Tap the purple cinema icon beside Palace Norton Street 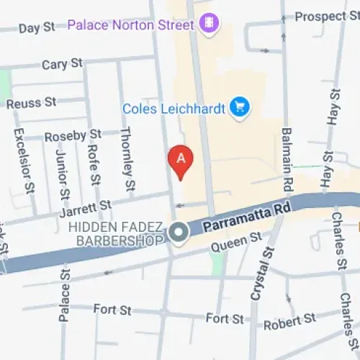pos(209,24)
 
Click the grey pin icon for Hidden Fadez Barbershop pos(179,233)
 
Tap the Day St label pos(37,28)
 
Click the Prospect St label pos(325,16)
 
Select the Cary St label pos(62,64)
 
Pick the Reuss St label pos(31,104)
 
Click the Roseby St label pos(73,135)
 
